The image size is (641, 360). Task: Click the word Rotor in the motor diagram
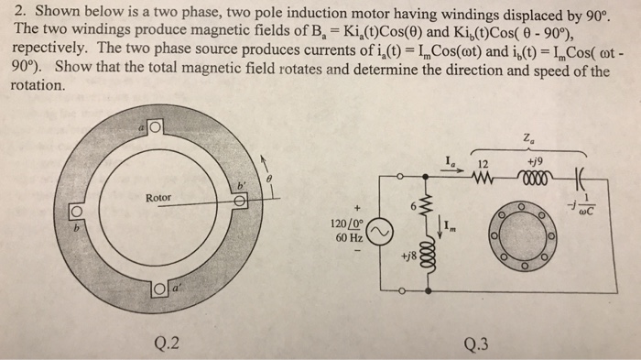pyautogui.click(x=159, y=196)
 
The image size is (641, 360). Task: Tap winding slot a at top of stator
pyautogui.click(x=155, y=127)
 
